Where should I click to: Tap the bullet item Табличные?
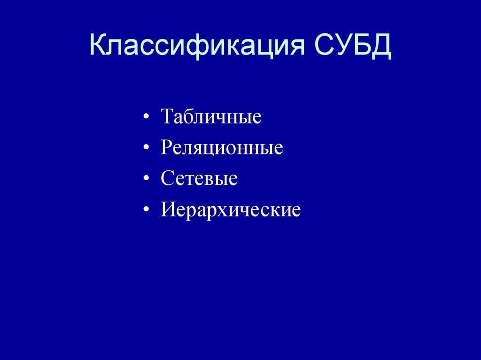pos(211,116)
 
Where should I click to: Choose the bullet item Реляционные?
pos(222,148)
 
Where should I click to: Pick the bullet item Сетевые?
pos(199,179)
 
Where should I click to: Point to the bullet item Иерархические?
pos(230,210)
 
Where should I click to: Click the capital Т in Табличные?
pos(167,116)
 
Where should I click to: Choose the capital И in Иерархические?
pos(168,209)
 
